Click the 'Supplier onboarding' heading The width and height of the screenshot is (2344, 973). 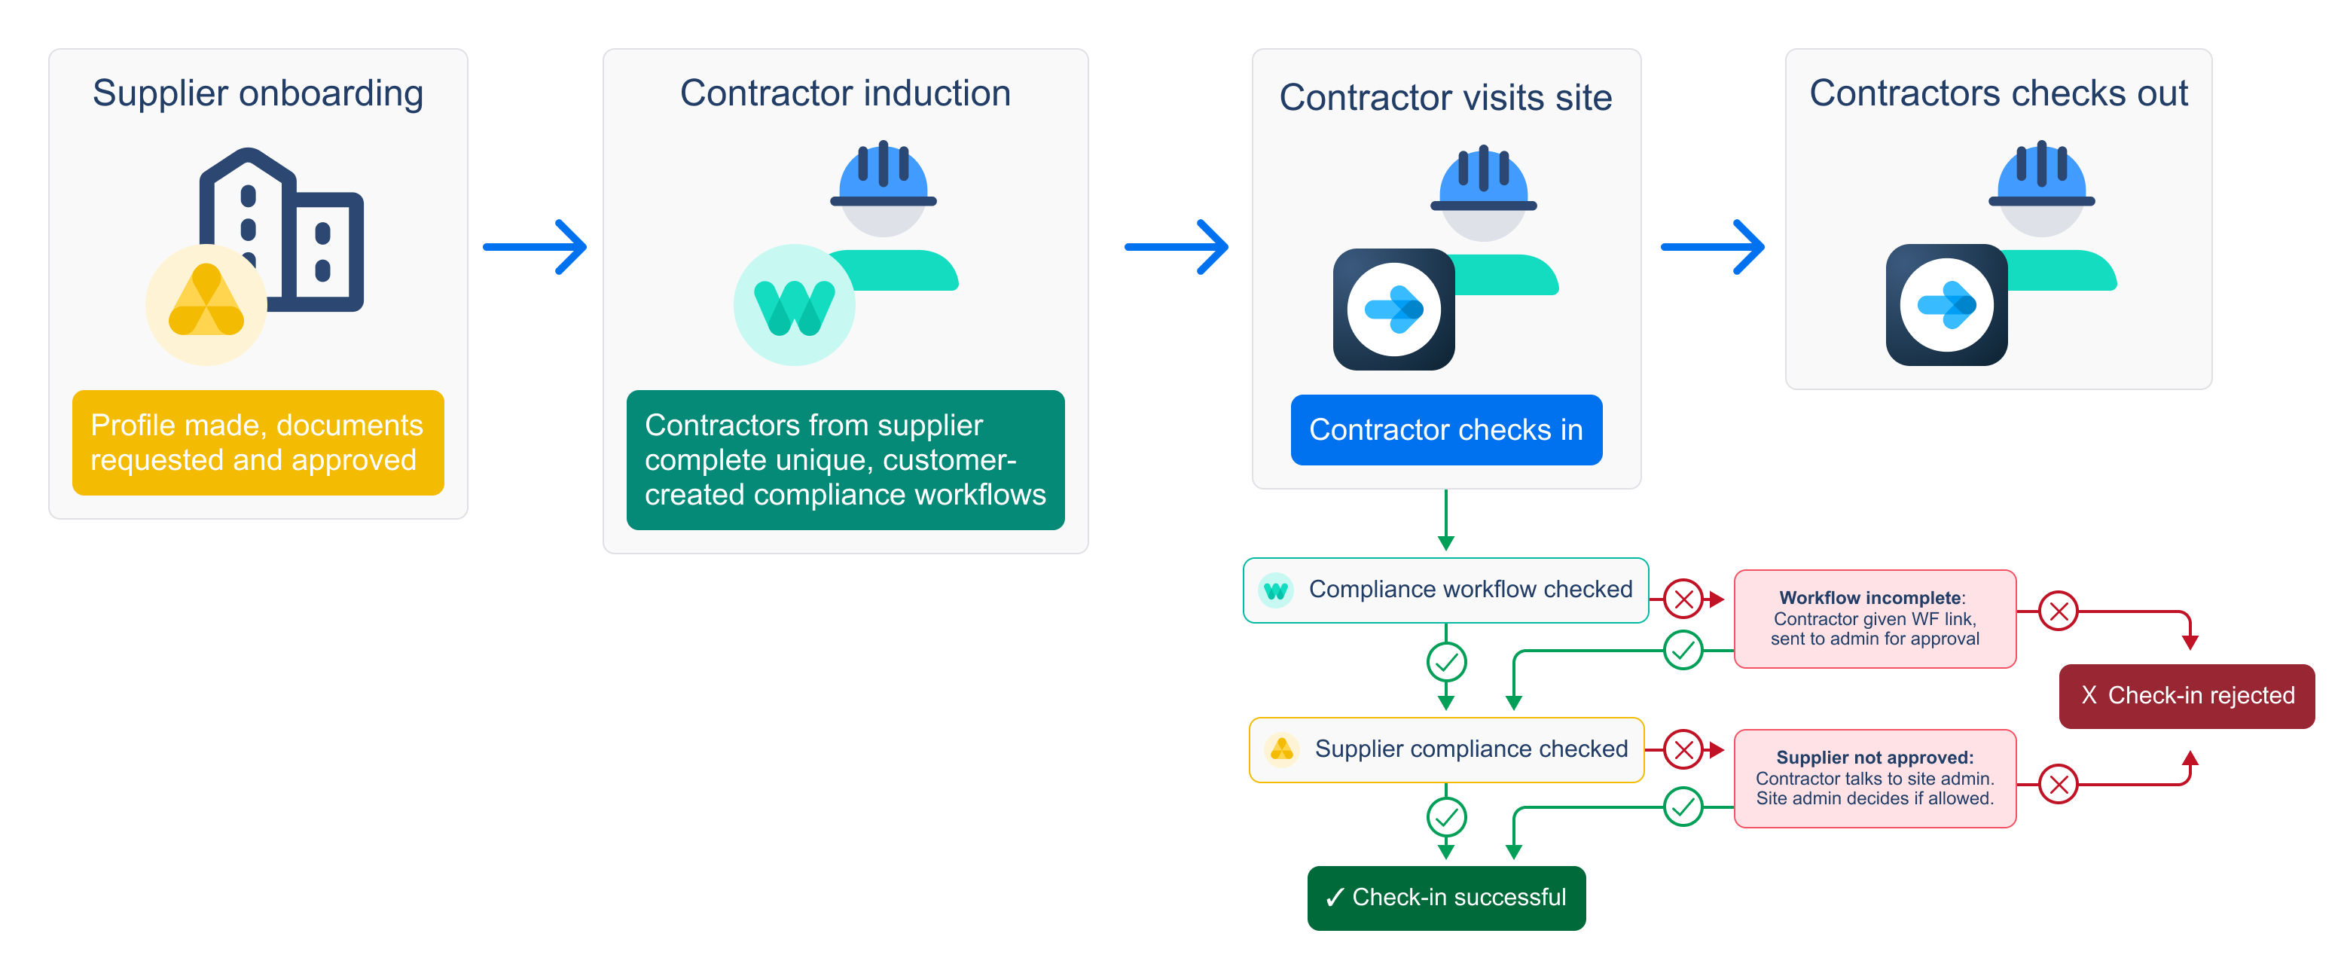pos(258,93)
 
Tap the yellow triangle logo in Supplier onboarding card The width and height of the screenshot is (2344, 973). pos(206,303)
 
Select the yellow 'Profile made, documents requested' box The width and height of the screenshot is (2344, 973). pos(258,442)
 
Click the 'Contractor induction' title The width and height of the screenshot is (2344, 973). pos(844,93)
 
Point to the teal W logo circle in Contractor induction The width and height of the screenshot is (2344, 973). pos(793,305)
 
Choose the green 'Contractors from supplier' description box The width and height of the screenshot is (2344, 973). pos(844,459)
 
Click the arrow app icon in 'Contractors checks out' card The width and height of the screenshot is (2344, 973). pos(1946,305)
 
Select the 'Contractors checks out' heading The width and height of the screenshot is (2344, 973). pos(1998,93)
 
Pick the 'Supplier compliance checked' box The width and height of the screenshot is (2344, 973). pos(1446,749)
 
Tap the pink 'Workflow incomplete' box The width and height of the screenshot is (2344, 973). pos(1875,619)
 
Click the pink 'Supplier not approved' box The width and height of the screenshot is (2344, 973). pos(1875,778)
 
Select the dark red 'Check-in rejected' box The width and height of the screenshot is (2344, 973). pos(2186,695)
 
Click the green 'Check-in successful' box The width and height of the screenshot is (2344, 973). pos(1446,898)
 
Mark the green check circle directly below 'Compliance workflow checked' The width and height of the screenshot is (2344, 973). pos(1446,662)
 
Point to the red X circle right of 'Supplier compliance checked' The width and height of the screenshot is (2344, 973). pos(1683,749)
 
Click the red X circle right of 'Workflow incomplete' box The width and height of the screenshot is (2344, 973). pos(2059,611)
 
